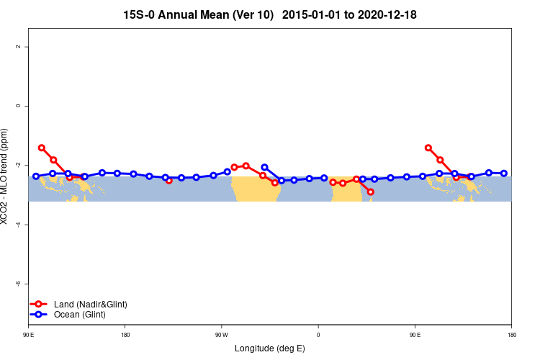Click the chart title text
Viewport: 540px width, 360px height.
(x=270, y=14)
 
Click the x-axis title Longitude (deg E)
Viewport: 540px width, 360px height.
(x=270, y=348)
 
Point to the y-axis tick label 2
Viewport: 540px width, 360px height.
(x=17, y=47)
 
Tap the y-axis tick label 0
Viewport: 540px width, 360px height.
(x=17, y=106)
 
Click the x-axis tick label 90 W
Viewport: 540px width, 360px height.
(x=221, y=335)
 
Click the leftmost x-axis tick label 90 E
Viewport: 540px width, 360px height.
(x=28, y=335)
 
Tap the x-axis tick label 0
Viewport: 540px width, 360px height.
(x=318, y=335)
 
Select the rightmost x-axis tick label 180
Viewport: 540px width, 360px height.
(x=511, y=335)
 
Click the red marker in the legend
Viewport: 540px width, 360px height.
(x=38, y=305)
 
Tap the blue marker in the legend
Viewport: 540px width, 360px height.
(x=38, y=315)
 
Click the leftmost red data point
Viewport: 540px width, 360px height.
(x=42, y=148)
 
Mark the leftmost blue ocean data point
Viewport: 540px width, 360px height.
(x=36, y=176)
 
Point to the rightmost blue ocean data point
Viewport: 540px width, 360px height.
(x=504, y=174)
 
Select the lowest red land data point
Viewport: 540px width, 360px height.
(x=370, y=192)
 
